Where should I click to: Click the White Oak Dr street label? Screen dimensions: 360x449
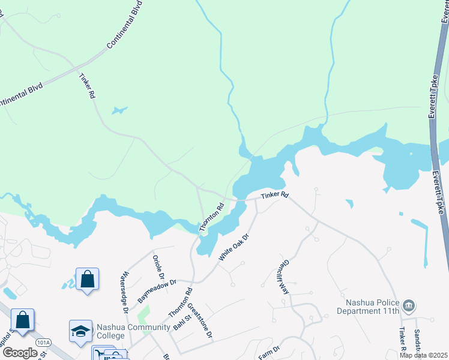click(x=234, y=247)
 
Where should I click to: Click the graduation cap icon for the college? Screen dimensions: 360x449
click(x=80, y=331)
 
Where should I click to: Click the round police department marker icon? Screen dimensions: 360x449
click(x=409, y=307)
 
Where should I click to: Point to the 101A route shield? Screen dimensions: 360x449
click(x=43, y=342)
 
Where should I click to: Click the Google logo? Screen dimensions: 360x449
click(x=20, y=352)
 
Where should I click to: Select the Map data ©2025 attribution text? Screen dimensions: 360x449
click(x=423, y=355)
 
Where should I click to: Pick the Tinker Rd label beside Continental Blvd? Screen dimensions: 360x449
click(x=87, y=86)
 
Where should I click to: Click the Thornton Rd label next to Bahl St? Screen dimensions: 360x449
click(x=181, y=303)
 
